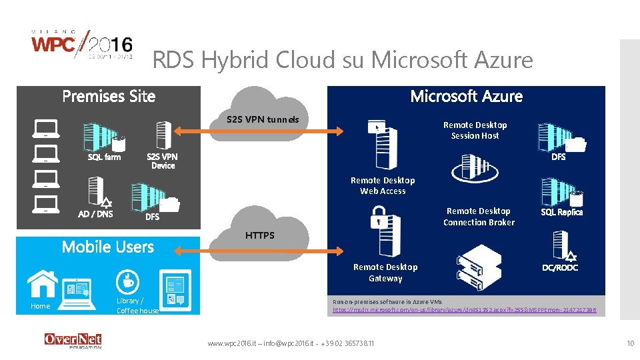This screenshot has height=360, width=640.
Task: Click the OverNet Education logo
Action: pos(73,341)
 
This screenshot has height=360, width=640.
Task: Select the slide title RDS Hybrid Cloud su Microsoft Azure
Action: pos(343,61)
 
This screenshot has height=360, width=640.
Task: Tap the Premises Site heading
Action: pos(109,97)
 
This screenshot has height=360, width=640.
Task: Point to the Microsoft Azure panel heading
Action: pos(466,97)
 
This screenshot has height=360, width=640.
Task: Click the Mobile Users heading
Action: pos(107,247)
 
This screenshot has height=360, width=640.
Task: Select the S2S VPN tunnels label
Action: pos(263,120)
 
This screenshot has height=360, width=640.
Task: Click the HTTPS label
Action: pos(259,235)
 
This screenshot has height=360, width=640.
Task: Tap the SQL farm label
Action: pos(105,157)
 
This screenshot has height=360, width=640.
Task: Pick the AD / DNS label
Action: pos(95,214)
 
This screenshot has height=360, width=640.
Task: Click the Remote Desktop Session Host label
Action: pos(475,130)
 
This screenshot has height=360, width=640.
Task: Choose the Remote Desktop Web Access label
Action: pos(383,185)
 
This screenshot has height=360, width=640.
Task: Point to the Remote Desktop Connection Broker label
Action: pos(479,217)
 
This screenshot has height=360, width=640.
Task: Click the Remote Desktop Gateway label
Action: pos(385,273)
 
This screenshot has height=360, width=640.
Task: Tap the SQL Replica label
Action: pos(561,212)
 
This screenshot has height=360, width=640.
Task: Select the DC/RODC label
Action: pos(560,267)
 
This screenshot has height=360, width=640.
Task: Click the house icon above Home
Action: pos(43,283)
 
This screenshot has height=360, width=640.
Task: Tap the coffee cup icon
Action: pos(126,280)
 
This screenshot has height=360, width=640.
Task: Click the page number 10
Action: pos(630,343)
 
